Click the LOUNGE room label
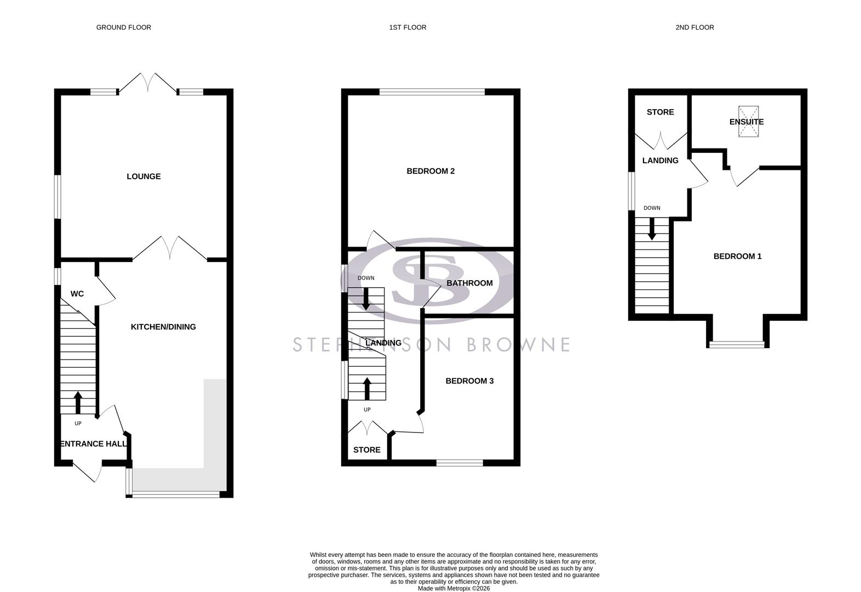143,177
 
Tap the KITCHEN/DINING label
163,327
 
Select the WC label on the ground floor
77,294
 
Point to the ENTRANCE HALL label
93,443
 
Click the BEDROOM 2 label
431,171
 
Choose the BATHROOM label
469,283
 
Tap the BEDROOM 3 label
469,380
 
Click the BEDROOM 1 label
737,256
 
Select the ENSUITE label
746,122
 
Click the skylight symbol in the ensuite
748,121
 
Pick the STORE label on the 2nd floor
660,112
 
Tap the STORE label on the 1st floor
366,449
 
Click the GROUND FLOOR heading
124,27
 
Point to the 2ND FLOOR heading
694,27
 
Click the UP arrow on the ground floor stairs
78,402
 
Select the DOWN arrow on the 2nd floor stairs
652,229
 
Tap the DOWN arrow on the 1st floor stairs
366,298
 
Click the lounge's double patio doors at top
148,83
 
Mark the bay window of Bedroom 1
737,344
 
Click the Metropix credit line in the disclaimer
454,589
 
